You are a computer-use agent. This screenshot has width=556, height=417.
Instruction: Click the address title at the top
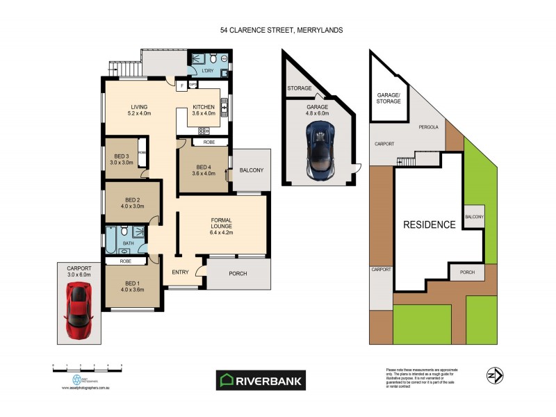click(281, 31)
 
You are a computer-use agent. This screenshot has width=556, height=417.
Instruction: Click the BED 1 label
click(131, 285)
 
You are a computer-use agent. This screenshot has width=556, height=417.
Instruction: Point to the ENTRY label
click(180, 272)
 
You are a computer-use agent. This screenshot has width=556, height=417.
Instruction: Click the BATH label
click(128, 243)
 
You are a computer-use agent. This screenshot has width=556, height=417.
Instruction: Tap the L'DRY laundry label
click(207, 72)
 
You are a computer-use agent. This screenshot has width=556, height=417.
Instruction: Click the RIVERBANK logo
click(261, 380)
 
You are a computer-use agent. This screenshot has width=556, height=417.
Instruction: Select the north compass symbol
click(494, 375)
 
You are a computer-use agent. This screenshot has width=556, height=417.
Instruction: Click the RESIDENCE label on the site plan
click(430, 224)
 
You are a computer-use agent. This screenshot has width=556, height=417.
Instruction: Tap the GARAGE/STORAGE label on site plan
click(389, 98)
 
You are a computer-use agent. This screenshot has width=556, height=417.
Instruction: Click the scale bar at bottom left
click(87, 365)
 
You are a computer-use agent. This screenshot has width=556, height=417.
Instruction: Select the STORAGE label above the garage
click(300, 88)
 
